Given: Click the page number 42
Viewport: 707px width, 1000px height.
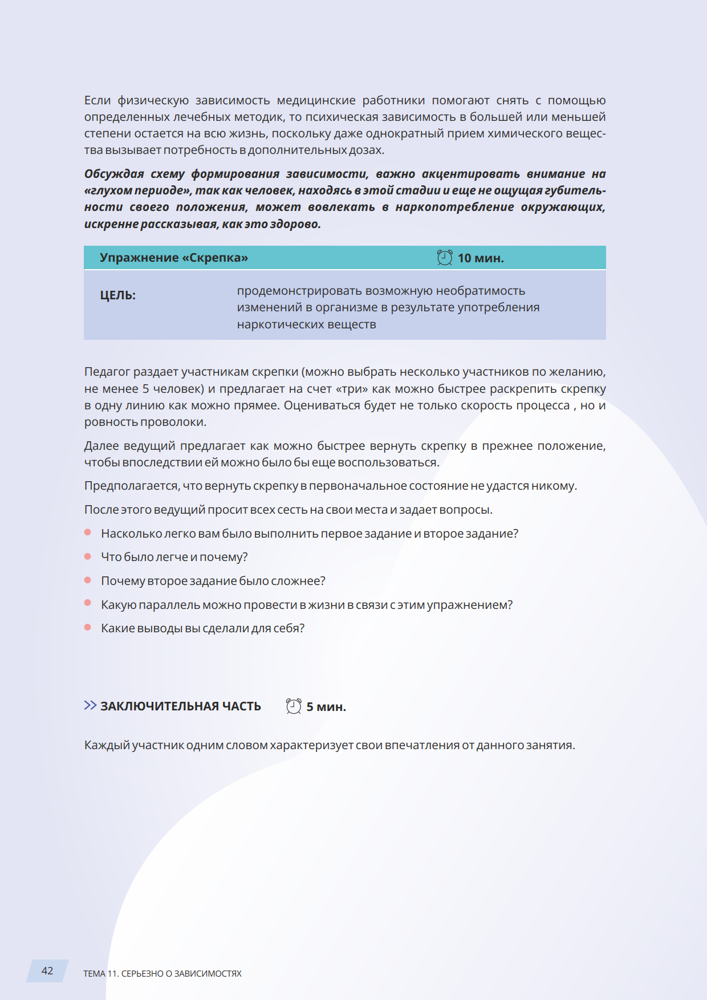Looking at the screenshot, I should (47, 971).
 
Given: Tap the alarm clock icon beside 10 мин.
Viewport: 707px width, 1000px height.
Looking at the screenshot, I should (445, 258).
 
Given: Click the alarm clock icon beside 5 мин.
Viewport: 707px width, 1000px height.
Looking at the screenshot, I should (294, 706).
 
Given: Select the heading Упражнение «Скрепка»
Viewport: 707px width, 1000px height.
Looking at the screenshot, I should (174, 258).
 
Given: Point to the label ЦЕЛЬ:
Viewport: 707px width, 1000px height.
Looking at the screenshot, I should (118, 295).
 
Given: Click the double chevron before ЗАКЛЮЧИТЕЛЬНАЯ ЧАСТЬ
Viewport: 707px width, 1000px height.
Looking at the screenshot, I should (90, 706).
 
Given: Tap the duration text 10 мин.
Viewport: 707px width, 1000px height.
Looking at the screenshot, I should (481, 258).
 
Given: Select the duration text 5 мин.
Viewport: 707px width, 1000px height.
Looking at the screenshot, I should (326, 707).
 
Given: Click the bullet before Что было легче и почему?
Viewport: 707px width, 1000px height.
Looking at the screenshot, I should (88, 556).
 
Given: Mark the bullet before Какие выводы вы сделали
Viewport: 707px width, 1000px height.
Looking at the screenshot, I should (88, 628).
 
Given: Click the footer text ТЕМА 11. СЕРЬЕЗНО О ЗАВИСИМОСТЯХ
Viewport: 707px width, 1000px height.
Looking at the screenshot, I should (162, 974).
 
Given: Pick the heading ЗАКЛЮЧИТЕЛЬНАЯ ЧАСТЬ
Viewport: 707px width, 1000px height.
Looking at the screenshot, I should (181, 706).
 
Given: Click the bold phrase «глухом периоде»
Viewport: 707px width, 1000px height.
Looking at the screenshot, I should (137, 190).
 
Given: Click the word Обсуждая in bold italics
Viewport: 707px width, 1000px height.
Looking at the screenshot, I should (114, 174).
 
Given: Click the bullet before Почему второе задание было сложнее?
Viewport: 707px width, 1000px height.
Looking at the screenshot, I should (88, 580).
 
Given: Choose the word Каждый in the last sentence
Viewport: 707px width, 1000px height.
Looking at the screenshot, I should (107, 745).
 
